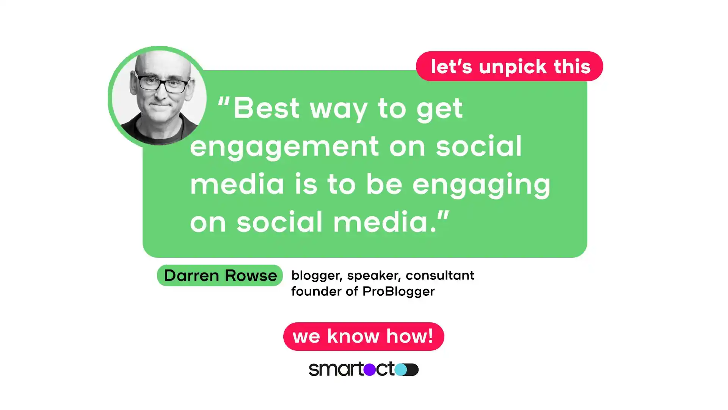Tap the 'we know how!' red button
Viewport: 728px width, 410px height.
[x=363, y=336]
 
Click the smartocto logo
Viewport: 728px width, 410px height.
[x=363, y=369]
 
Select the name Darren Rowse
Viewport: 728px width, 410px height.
[x=220, y=275]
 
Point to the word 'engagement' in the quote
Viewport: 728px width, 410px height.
[x=284, y=147]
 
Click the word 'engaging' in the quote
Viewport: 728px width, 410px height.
[x=481, y=184]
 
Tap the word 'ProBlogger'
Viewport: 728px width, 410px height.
[x=398, y=292]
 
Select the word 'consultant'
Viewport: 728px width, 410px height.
[x=440, y=275]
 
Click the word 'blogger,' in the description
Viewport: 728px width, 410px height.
[x=317, y=275]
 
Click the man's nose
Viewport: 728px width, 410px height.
[x=161, y=95]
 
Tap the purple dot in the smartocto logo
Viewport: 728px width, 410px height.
[x=369, y=369]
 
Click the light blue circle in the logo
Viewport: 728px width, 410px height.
[x=400, y=369]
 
